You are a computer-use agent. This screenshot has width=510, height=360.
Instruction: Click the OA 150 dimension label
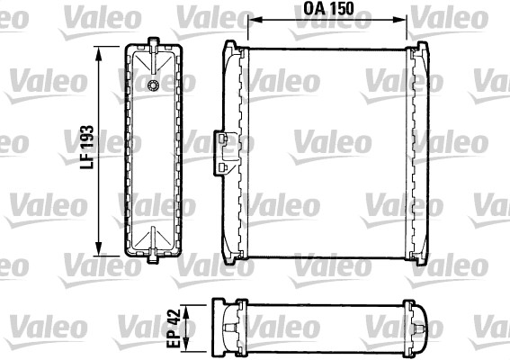point(328,8)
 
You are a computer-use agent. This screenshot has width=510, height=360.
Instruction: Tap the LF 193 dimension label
point(87,147)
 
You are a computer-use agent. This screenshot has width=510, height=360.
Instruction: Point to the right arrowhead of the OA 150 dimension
point(399,20)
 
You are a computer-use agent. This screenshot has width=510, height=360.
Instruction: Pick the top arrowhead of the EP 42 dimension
point(185,311)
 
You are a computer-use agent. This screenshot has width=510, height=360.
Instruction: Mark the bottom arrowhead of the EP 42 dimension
point(185,346)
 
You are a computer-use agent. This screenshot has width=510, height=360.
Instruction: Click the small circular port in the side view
point(153,85)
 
